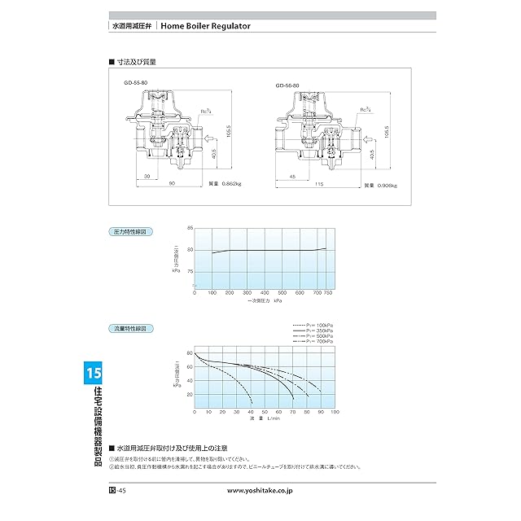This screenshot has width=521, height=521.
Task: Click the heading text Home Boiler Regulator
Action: coord(206,25)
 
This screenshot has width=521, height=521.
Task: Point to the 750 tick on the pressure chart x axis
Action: coord(329,291)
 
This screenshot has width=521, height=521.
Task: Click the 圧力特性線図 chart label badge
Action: coord(128,232)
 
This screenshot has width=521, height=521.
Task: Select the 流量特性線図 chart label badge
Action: coord(128,329)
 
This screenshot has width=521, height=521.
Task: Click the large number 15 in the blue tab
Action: coord(92,374)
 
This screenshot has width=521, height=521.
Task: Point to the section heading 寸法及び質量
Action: coord(136,62)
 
